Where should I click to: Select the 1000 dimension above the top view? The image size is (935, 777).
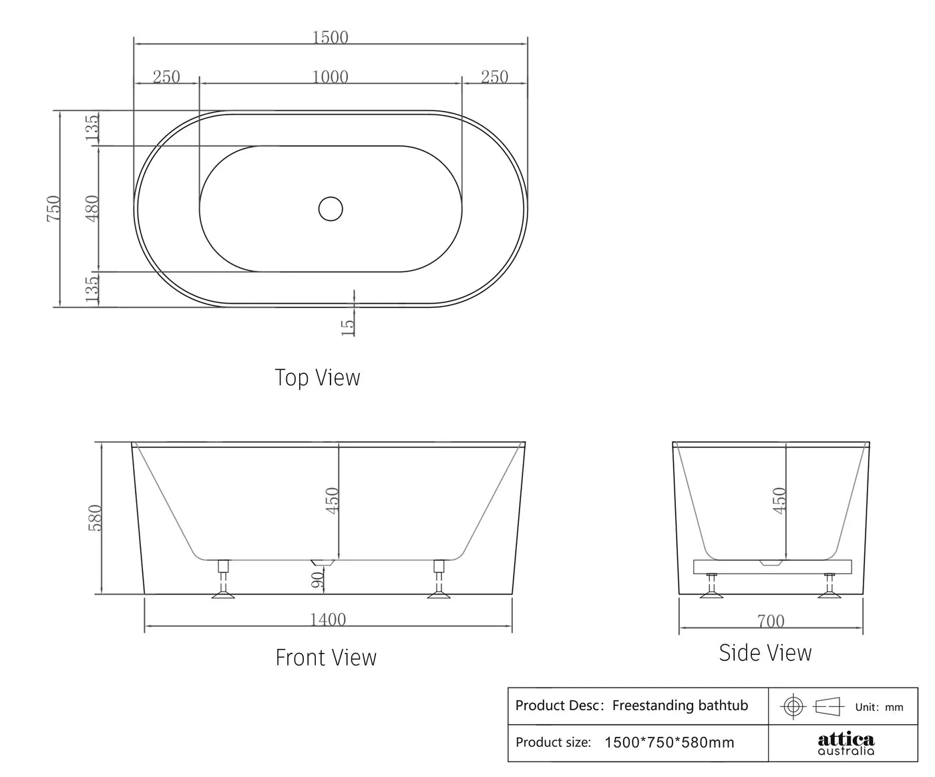[x=331, y=77]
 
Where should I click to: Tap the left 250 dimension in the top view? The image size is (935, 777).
[x=166, y=77]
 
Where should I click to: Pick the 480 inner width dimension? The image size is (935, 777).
[x=92, y=208]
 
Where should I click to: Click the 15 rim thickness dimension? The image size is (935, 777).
[x=348, y=326]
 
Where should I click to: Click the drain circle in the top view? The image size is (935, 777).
[x=331, y=209]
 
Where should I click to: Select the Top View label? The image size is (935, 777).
[x=317, y=378]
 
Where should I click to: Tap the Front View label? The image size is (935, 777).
[x=326, y=658]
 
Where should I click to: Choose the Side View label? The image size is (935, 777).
[x=765, y=653]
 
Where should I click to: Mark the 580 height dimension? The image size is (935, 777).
[x=95, y=517]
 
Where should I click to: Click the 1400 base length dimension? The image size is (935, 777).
[x=328, y=619]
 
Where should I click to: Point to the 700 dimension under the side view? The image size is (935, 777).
[x=771, y=621]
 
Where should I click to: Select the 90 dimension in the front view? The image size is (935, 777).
[x=319, y=578]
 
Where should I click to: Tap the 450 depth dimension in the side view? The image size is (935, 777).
[x=779, y=500]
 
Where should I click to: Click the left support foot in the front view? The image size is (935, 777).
[x=223, y=581]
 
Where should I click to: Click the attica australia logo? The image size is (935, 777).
[x=846, y=744]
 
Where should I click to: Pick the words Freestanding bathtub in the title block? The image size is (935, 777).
[x=680, y=706]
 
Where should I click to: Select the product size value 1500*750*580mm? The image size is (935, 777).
[x=669, y=742]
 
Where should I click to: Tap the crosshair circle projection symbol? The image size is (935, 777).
[x=793, y=706]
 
